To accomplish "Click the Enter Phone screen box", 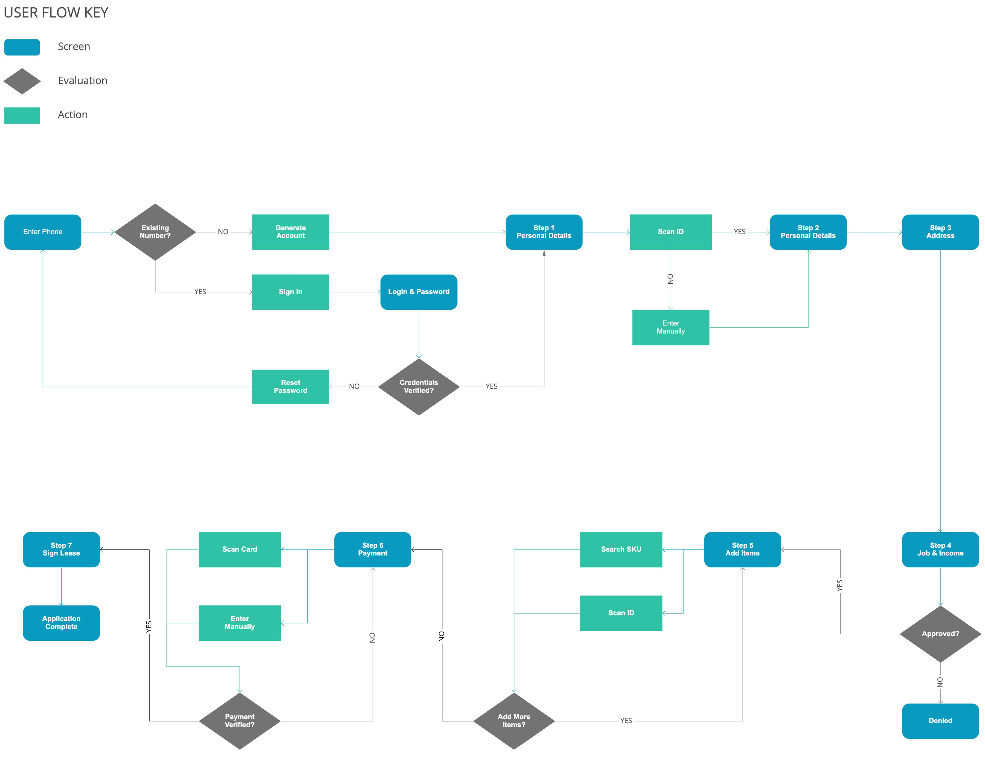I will (x=43, y=232).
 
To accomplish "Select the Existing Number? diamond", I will (x=155, y=232).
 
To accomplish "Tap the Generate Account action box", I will (x=291, y=232).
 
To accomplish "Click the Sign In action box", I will (x=291, y=292).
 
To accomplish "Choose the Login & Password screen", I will (x=419, y=292).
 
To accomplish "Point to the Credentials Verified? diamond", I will (x=419, y=387).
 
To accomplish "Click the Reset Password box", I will (x=291, y=387).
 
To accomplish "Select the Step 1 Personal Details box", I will (x=544, y=232).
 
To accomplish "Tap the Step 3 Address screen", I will (x=940, y=232).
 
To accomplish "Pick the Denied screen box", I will (x=940, y=721).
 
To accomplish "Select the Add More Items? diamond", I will (x=514, y=721).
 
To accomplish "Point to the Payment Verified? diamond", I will (x=239, y=721).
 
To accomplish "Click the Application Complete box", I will (x=61, y=623).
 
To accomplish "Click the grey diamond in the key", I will (x=22, y=81).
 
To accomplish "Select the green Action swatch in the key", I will (x=22, y=115).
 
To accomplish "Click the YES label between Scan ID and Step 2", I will (x=740, y=232).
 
